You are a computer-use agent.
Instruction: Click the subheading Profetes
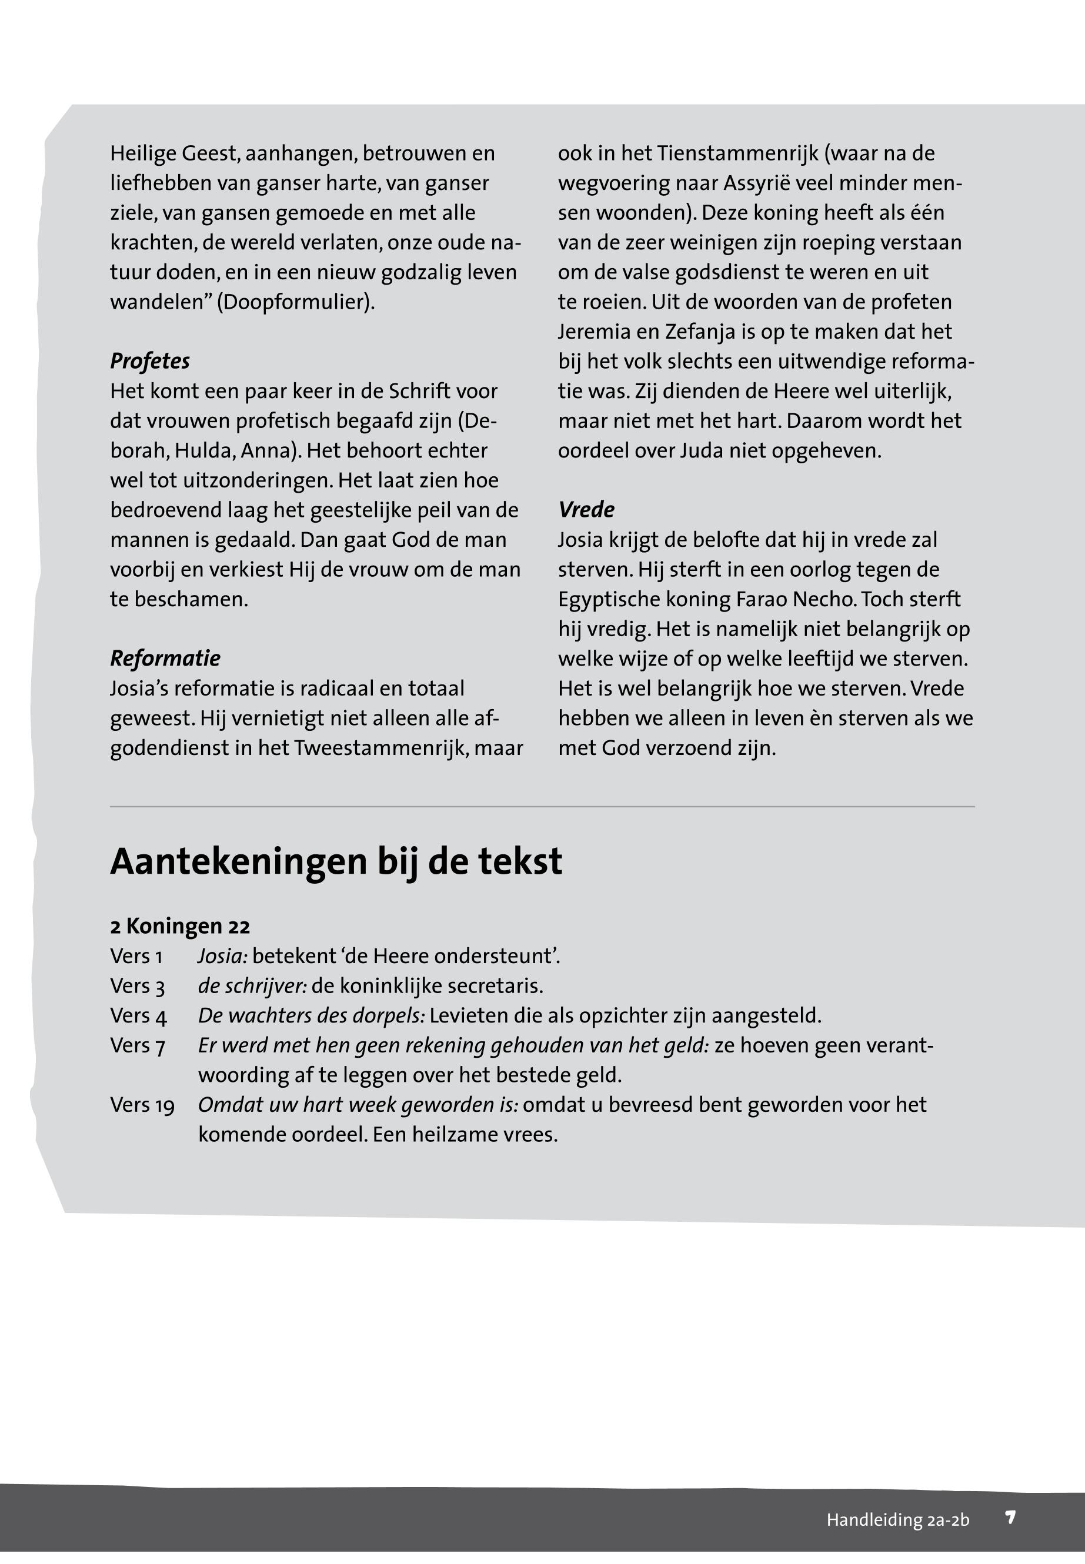tap(149, 361)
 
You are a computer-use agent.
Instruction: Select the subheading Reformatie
tap(165, 658)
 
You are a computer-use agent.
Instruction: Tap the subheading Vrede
tap(586, 510)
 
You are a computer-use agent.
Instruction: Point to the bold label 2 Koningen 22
tap(179, 927)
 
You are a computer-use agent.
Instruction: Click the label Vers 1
tap(136, 957)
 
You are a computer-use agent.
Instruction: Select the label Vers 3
tap(138, 986)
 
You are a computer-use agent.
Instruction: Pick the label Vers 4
tap(138, 1016)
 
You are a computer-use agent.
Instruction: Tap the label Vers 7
tap(138, 1046)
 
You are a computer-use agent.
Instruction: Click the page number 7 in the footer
tap(1010, 1517)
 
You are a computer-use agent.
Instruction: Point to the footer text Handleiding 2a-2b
tap(897, 1520)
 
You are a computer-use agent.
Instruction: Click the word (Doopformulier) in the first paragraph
tap(296, 302)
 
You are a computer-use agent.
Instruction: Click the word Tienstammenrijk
tap(737, 153)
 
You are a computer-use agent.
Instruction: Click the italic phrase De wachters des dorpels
tap(311, 1016)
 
